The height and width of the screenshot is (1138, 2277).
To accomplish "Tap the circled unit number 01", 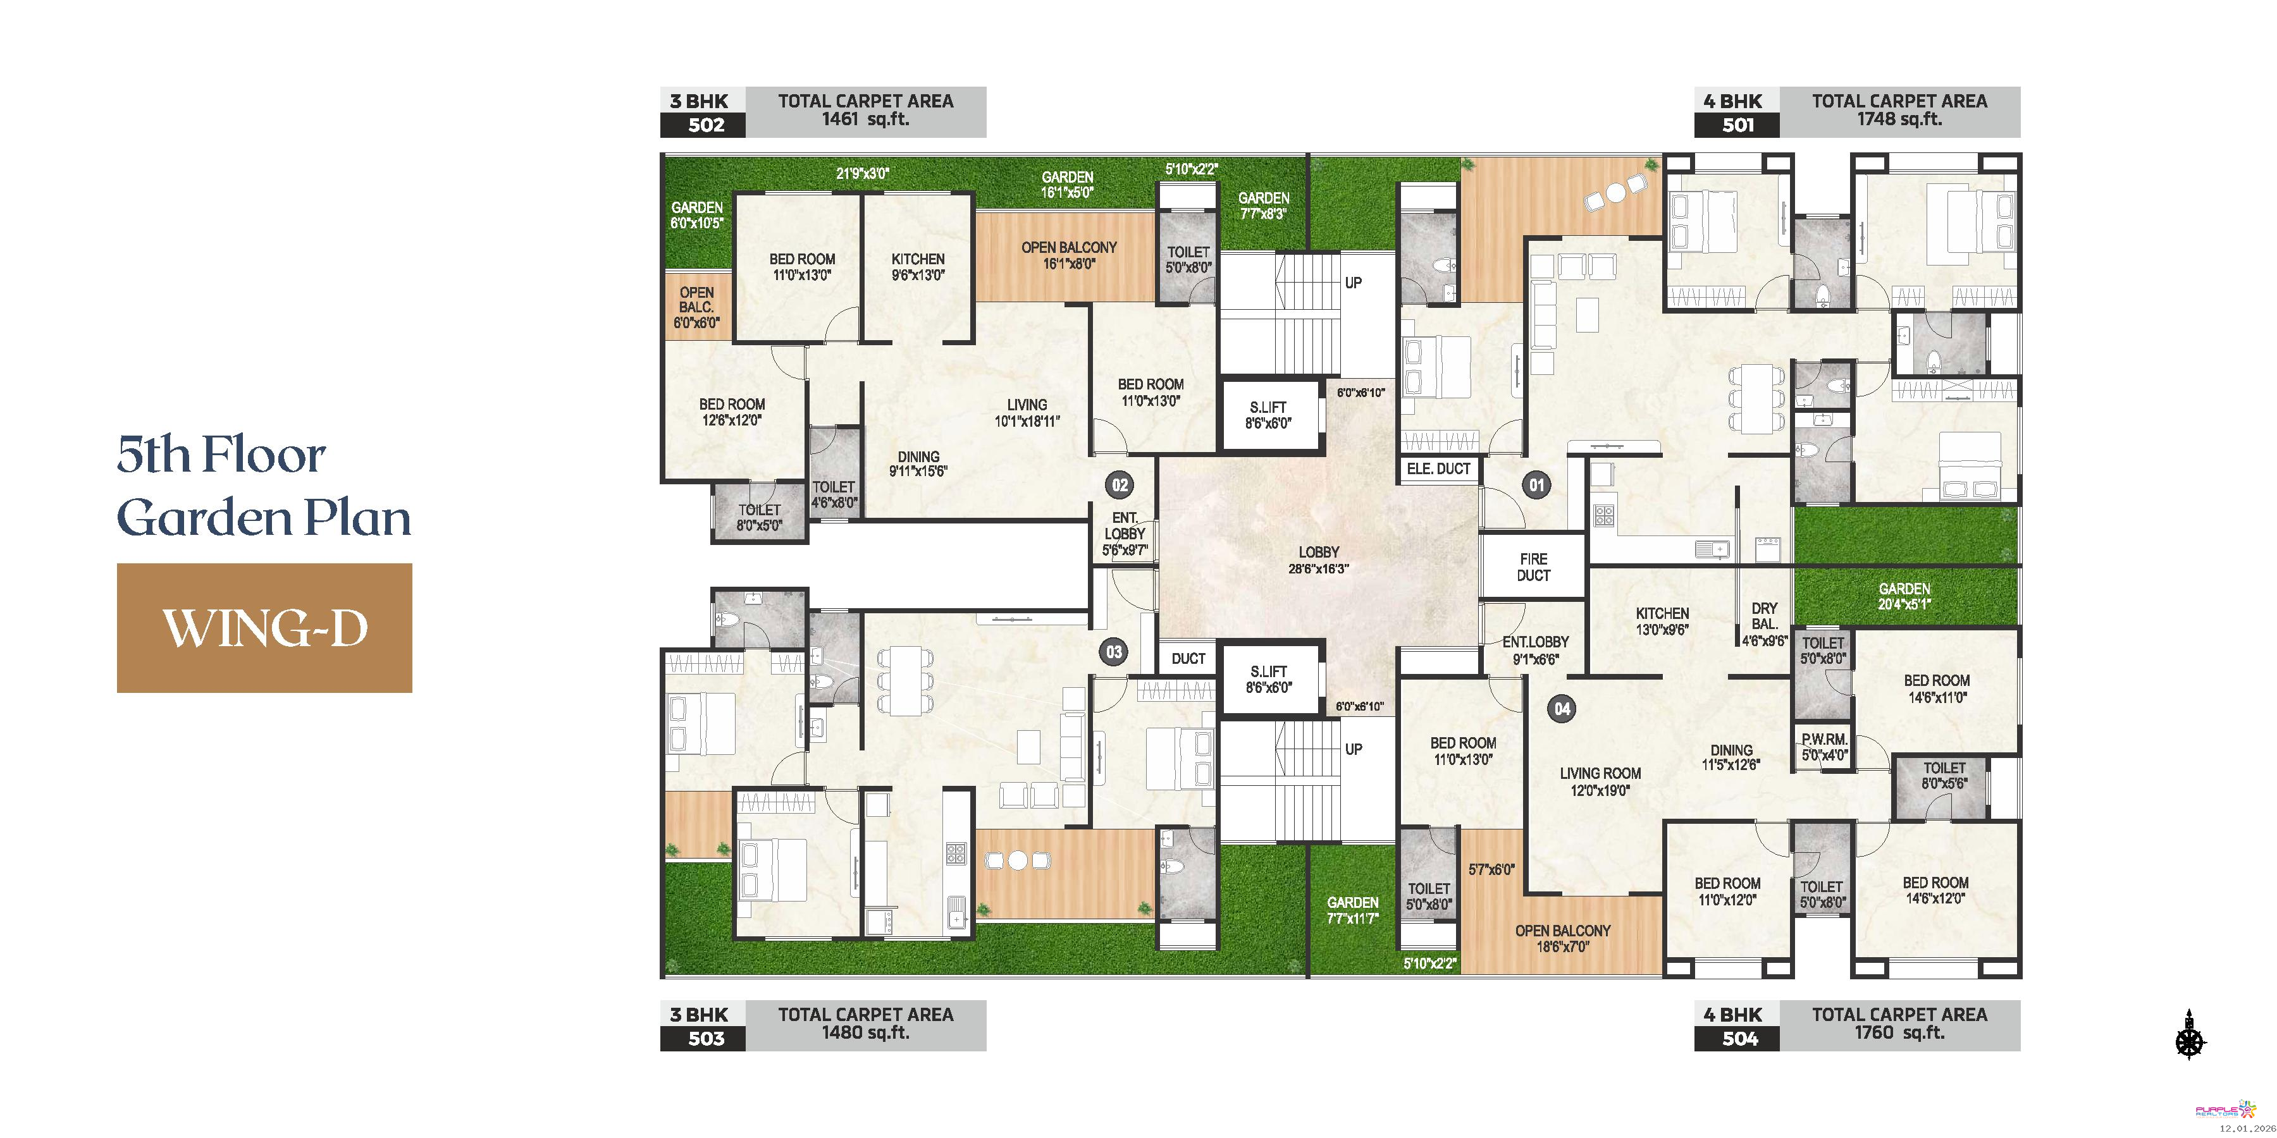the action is tap(1537, 484).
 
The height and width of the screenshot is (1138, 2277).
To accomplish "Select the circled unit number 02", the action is tap(1120, 484).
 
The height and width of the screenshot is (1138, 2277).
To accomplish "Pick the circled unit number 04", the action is tap(1562, 707).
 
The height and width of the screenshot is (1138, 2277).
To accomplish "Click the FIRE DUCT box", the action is tap(1534, 567).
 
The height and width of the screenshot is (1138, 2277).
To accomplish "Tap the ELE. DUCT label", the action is tap(1438, 468).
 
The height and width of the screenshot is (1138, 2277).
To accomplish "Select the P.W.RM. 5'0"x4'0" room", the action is tap(1823, 747).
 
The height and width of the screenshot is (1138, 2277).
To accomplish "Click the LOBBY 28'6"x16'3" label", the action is tap(1319, 560).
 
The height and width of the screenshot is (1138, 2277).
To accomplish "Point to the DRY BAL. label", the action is tap(1764, 616).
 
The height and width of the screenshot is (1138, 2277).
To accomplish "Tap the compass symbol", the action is tap(2190, 1034).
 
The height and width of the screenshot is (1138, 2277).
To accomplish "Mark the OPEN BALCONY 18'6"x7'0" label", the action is tap(1563, 938).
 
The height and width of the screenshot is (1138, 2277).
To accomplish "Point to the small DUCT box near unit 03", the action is tap(1188, 658).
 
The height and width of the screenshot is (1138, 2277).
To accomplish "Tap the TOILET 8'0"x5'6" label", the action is tap(1944, 775).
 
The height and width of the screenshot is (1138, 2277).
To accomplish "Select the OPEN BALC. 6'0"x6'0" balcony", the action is tap(696, 307).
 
